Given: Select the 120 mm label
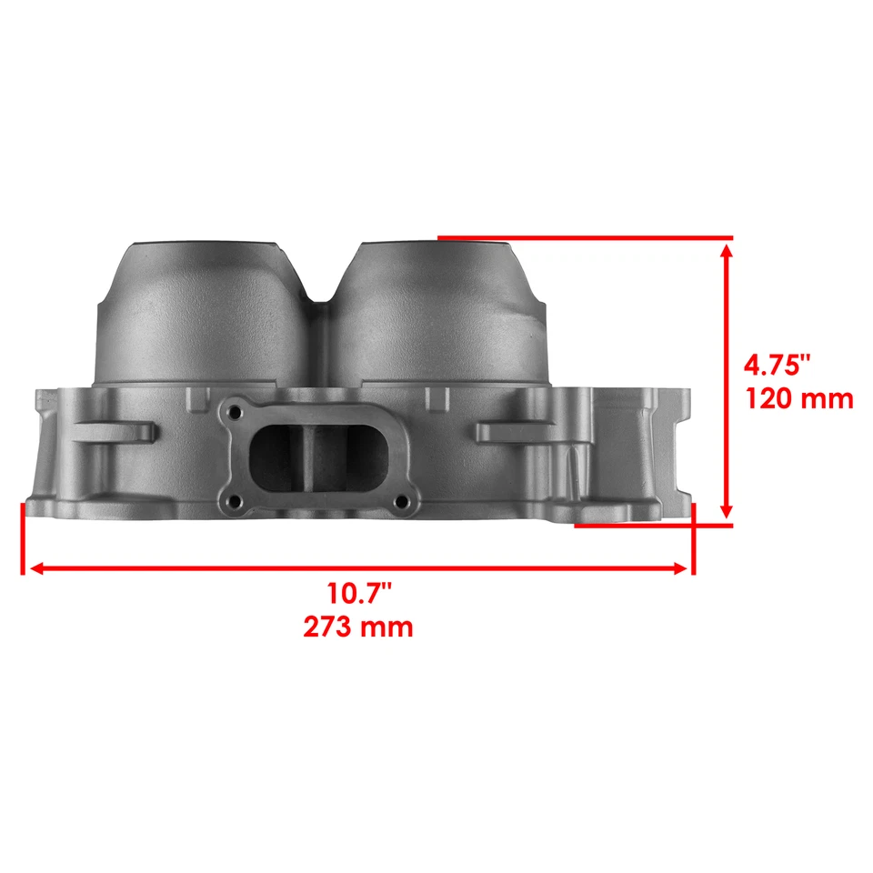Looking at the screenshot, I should click(799, 398).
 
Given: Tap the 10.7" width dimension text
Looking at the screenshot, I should click(359, 594).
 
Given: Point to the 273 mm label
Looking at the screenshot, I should click(359, 627).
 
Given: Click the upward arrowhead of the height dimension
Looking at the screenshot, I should click(726, 255).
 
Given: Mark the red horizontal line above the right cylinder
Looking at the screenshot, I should click(582, 238).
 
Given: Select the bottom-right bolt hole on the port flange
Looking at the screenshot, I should click(397, 500).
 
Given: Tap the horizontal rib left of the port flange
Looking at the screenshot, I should click(114, 428).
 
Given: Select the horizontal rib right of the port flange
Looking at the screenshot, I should click(514, 428).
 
